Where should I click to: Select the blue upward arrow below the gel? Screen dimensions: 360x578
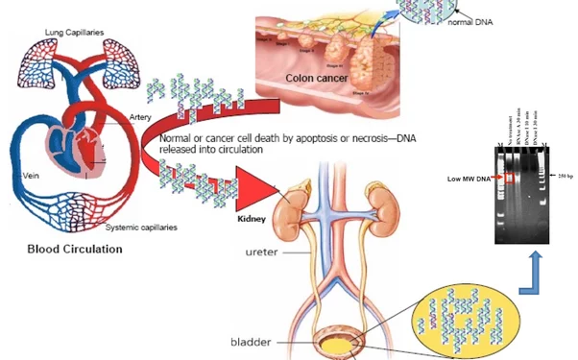click(538, 274)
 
